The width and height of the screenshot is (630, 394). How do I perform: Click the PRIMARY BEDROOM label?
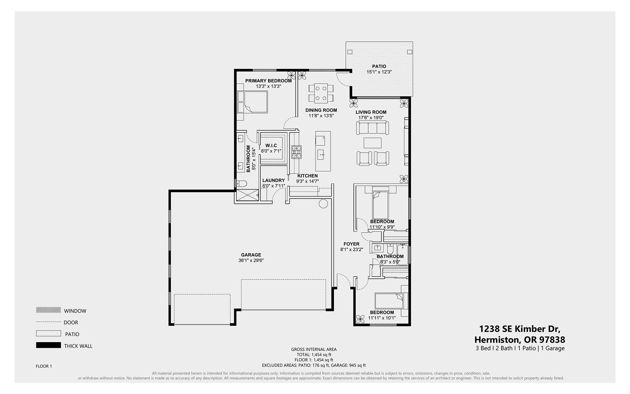[x=268, y=81]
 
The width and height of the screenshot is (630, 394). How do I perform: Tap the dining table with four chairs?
[x=321, y=93]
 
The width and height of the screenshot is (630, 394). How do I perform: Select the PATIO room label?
[x=379, y=67]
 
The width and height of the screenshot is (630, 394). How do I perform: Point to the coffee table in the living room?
[x=372, y=143]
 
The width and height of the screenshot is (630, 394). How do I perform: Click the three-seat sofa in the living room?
[x=372, y=128]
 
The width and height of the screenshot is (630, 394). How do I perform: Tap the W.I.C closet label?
[x=271, y=146]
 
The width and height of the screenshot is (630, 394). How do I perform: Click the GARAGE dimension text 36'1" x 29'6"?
[x=251, y=261]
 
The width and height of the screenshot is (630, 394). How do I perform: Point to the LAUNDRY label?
[x=274, y=181]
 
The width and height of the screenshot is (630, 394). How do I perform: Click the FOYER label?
[x=351, y=244]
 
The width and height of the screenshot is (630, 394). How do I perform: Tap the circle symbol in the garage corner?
[x=323, y=204]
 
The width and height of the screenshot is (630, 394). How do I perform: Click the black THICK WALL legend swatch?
[x=48, y=345]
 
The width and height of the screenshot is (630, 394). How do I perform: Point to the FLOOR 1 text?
[x=44, y=366]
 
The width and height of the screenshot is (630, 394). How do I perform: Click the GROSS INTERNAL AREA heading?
[x=314, y=349]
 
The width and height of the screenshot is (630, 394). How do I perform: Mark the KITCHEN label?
[x=308, y=176]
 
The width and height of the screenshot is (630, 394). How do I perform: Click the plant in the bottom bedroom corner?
[x=360, y=319]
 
